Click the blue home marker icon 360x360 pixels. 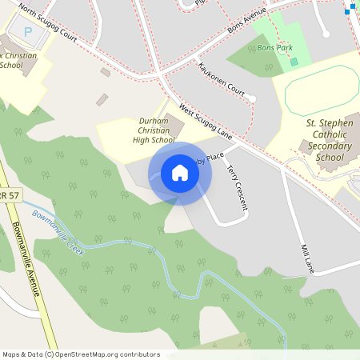[x=180, y=173]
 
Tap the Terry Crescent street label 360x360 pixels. [x=238, y=188]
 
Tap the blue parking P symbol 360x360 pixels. [x=29, y=33]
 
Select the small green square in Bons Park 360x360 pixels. [x=294, y=62]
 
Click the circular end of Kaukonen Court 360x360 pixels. [x=251, y=98]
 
